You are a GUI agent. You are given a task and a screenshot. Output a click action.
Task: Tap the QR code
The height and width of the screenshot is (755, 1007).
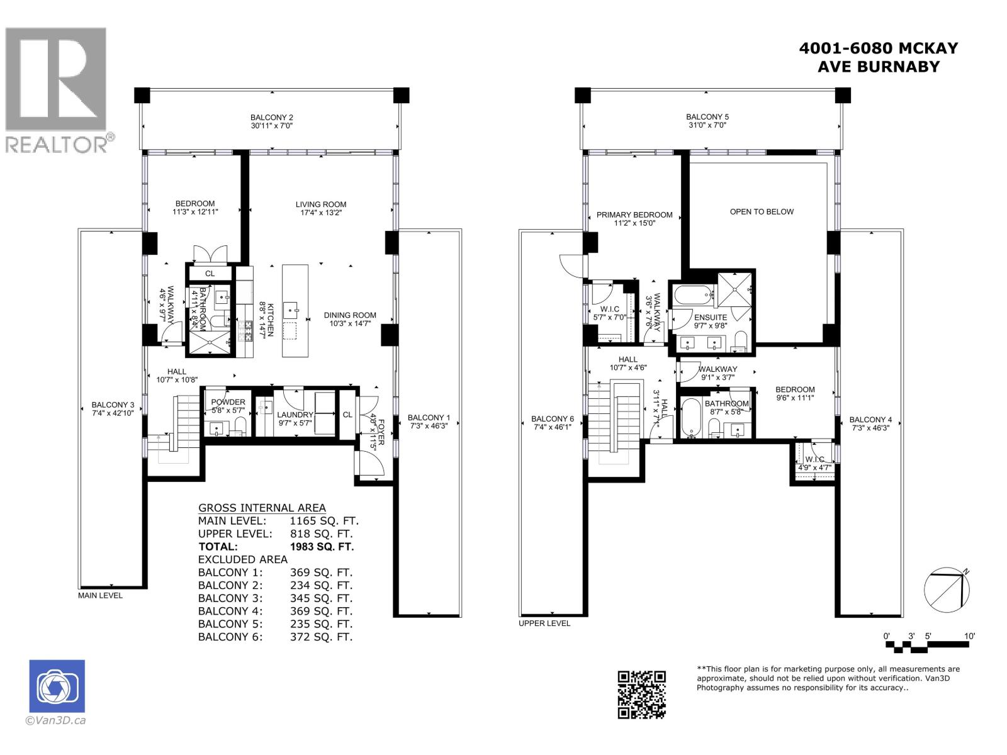(641, 694)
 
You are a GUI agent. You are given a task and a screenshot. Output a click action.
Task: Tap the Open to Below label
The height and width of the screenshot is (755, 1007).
(762, 211)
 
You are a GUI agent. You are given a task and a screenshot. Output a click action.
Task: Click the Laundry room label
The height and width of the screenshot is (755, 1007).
(295, 415)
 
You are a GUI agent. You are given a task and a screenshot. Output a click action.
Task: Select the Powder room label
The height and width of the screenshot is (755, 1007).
(228, 402)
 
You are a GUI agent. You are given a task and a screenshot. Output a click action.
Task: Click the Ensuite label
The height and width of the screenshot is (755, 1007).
(711, 317)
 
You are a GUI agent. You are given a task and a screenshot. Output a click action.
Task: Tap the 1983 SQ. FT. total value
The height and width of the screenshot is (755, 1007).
(322, 547)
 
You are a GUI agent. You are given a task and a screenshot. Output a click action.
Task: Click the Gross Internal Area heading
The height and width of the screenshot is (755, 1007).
(262, 508)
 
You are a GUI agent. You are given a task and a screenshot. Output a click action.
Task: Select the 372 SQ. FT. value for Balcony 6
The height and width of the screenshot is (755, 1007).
(321, 637)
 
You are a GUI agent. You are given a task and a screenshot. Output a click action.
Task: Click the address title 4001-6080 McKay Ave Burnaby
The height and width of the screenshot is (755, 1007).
(878, 57)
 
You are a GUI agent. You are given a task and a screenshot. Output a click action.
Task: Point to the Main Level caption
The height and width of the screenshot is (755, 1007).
(101, 595)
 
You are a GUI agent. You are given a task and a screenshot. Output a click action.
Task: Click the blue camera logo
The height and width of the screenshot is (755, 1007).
(57, 686)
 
